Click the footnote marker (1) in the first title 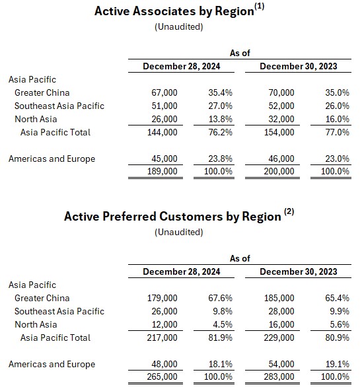tap(260, 6)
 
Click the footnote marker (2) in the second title tap(289, 211)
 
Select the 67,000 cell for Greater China tap(164, 92)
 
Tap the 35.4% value tap(221, 92)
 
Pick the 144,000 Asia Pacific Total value tap(162, 132)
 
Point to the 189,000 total tap(162, 171)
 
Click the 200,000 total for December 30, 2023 tap(279, 171)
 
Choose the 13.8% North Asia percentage tap(221, 119)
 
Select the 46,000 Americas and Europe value tap(281, 159)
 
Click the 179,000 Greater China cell tap(162, 298)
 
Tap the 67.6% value tap(221, 298)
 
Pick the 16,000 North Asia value tap(281, 324)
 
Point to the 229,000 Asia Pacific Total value tap(279, 338)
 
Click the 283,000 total tap(279, 376)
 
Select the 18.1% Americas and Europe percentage tap(221, 364)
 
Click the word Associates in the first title tap(164, 11)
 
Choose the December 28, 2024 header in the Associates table tap(182, 66)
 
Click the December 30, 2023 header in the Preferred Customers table tap(299, 272)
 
